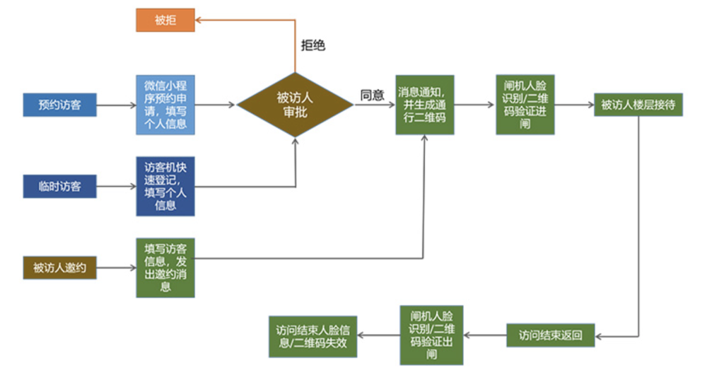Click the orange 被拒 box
pos(165,20)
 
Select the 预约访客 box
pos(59,105)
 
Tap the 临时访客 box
pos(59,187)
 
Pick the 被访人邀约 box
pos(59,267)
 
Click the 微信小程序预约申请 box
pos(165,105)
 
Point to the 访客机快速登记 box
pos(165,186)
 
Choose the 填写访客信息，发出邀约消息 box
pos(165,267)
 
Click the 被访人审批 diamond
pos(293,105)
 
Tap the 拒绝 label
pos(314,45)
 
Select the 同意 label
pos(373,95)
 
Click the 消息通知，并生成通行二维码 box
pos(424,105)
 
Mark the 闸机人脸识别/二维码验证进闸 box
pos(525,105)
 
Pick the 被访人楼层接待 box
pos(638,105)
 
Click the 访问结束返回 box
pos(550,335)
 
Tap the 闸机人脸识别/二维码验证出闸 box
pos(431,335)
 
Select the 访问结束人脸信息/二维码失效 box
pos(313,335)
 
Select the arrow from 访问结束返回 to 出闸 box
pos(484,335)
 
